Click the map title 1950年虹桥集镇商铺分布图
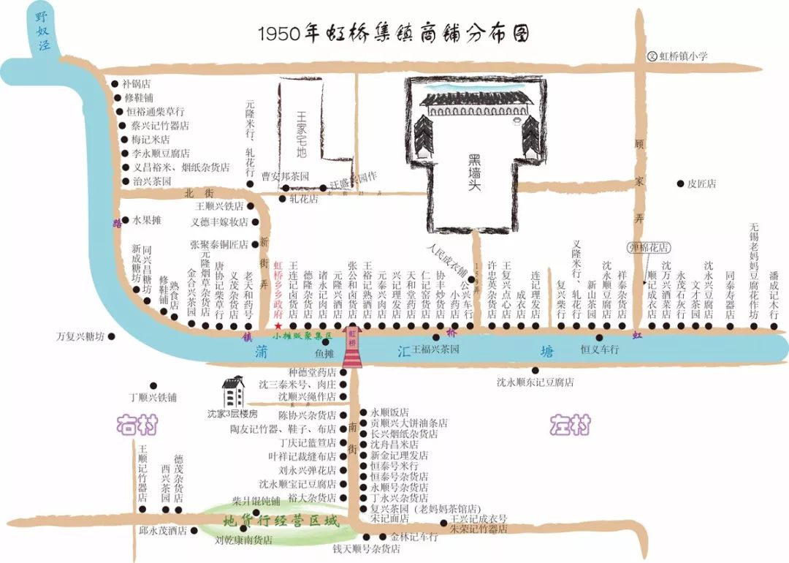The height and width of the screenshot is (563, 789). point(394,34)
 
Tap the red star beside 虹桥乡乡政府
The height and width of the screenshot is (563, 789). point(278,325)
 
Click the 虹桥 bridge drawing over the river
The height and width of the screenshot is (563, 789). point(352,349)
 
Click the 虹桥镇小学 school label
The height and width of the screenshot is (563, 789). point(683,56)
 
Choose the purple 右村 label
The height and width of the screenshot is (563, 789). point(137,425)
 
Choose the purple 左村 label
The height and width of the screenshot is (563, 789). point(570,425)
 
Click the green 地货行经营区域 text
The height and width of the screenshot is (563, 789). point(281,521)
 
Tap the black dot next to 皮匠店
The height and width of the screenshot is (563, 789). point(680,184)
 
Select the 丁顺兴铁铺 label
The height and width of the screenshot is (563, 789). point(153,398)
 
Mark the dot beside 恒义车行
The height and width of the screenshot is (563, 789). point(599,338)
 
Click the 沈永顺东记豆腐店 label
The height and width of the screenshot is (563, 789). point(535,382)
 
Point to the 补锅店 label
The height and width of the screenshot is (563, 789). point(137,83)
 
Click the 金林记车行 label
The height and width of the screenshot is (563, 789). point(413,537)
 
